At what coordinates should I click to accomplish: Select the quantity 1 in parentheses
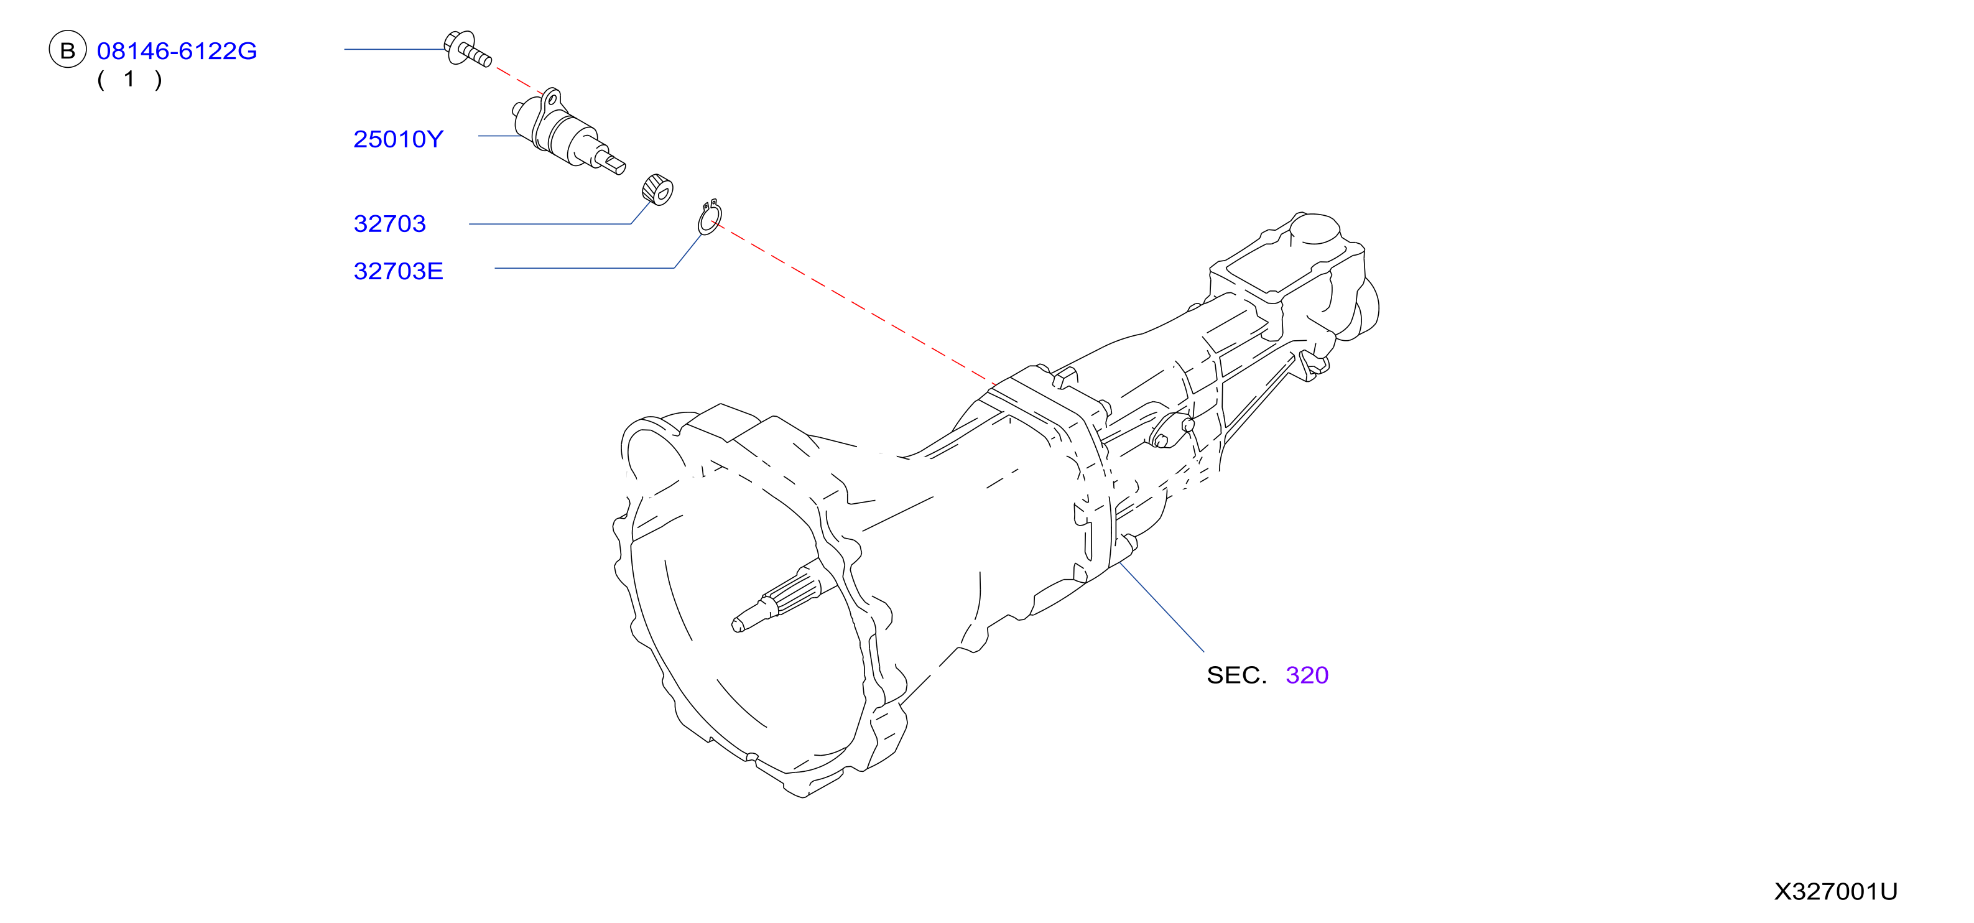click(x=129, y=79)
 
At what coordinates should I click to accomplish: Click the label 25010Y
click(x=399, y=139)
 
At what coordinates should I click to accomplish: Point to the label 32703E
click(x=399, y=271)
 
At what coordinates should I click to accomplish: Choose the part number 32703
click(x=389, y=224)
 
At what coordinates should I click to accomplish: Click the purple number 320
click(x=1307, y=675)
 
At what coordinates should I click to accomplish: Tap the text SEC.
click(x=1236, y=675)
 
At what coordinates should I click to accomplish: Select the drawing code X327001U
click(x=1835, y=891)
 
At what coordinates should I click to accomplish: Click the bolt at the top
click(x=466, y=49)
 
